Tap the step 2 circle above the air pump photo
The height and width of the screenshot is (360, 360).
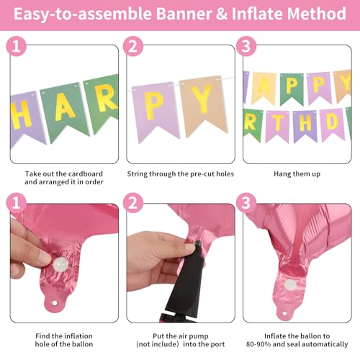[132, 203]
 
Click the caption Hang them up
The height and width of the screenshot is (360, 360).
[297, 174]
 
